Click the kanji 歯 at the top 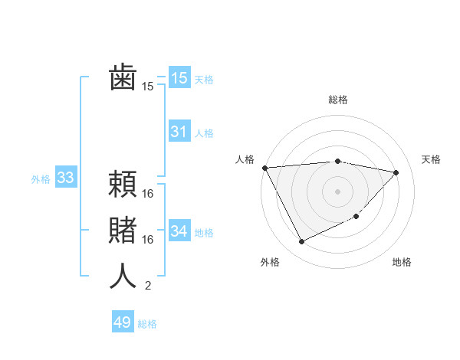tap(123, 78)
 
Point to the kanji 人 tap(123, 276)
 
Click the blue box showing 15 tap(179, 78)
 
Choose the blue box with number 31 tap(179, 132)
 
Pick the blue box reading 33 tap(65, 178)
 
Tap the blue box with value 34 tap(179, 231)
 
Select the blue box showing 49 tap(123, 322)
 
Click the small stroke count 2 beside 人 tap(147, 286)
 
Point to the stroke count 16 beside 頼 tap(148, 194)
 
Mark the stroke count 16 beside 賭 tap(148, 240)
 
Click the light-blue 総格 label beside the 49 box tap(147, 324)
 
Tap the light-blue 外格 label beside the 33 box tap(41, 179)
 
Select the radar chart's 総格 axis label tap(337, 100)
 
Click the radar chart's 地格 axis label tap(402, 262)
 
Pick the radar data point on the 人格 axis tap(264, 168)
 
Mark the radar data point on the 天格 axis tap(396, 172)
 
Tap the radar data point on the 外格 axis tap(301, 242)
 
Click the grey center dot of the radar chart tap(337, 191)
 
